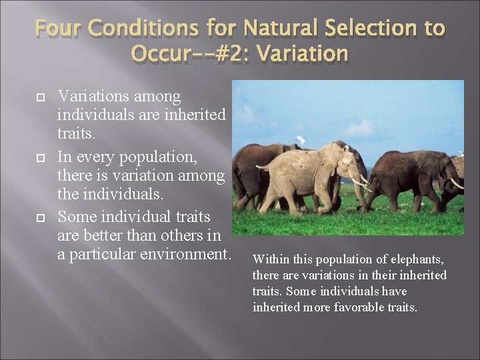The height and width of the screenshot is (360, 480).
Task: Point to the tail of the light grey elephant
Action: (x=260, y=167)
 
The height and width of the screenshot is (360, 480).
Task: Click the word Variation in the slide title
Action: (x=305, y=53)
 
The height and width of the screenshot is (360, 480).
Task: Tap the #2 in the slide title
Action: (x=234, y=53)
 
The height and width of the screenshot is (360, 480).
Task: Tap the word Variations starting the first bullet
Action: (x=93, y=97)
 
